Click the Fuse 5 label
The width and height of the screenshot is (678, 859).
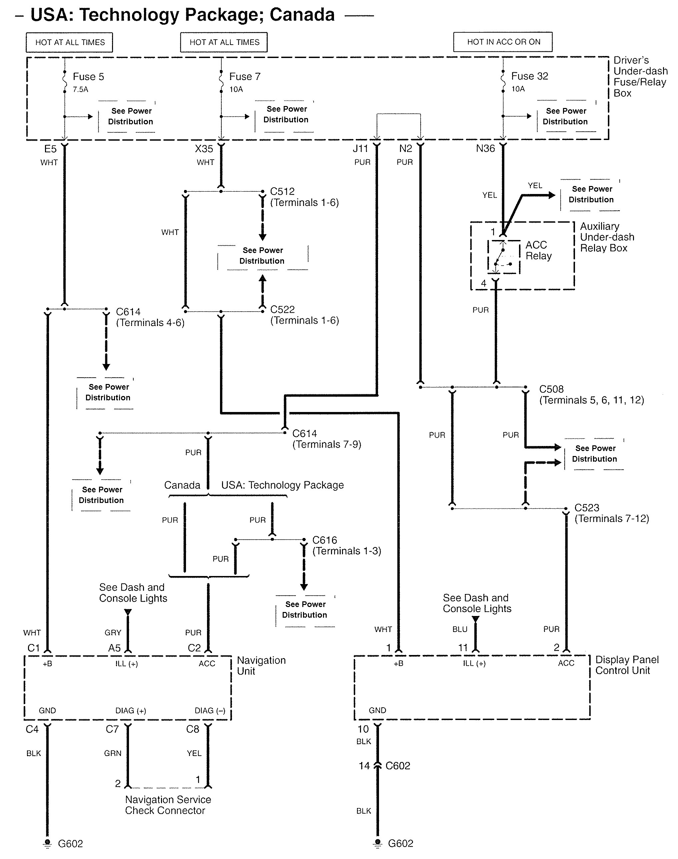(88, 77)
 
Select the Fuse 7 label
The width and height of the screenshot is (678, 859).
(245, 77)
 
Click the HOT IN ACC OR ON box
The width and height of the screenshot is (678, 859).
(503, 42)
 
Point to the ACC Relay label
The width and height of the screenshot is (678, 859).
(538, 250)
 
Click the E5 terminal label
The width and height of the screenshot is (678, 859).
(50, 149)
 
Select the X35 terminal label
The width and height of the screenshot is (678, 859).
(204, 149)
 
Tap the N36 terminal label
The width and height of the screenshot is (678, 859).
(485, 148)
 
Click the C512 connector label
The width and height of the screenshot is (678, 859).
(282, 191)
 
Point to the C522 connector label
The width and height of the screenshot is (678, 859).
(282, 309)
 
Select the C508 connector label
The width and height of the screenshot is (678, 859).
(551, 389)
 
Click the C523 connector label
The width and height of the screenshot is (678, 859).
(587, 508)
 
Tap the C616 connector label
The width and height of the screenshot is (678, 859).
(324, 540)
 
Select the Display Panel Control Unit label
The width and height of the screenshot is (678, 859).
(626, 665)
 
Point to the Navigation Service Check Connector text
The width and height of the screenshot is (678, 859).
(168, 805)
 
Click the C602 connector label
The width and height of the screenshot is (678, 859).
(398, 766)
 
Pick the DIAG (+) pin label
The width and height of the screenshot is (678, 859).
(131, 711)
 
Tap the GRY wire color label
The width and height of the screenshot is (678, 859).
(113, 632)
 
